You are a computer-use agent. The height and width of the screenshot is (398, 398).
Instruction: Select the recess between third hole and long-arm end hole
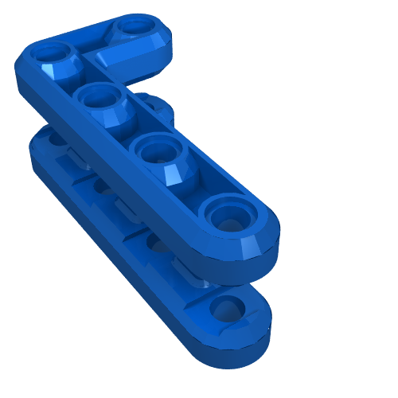pyautogui.click(x=195, y=183)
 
